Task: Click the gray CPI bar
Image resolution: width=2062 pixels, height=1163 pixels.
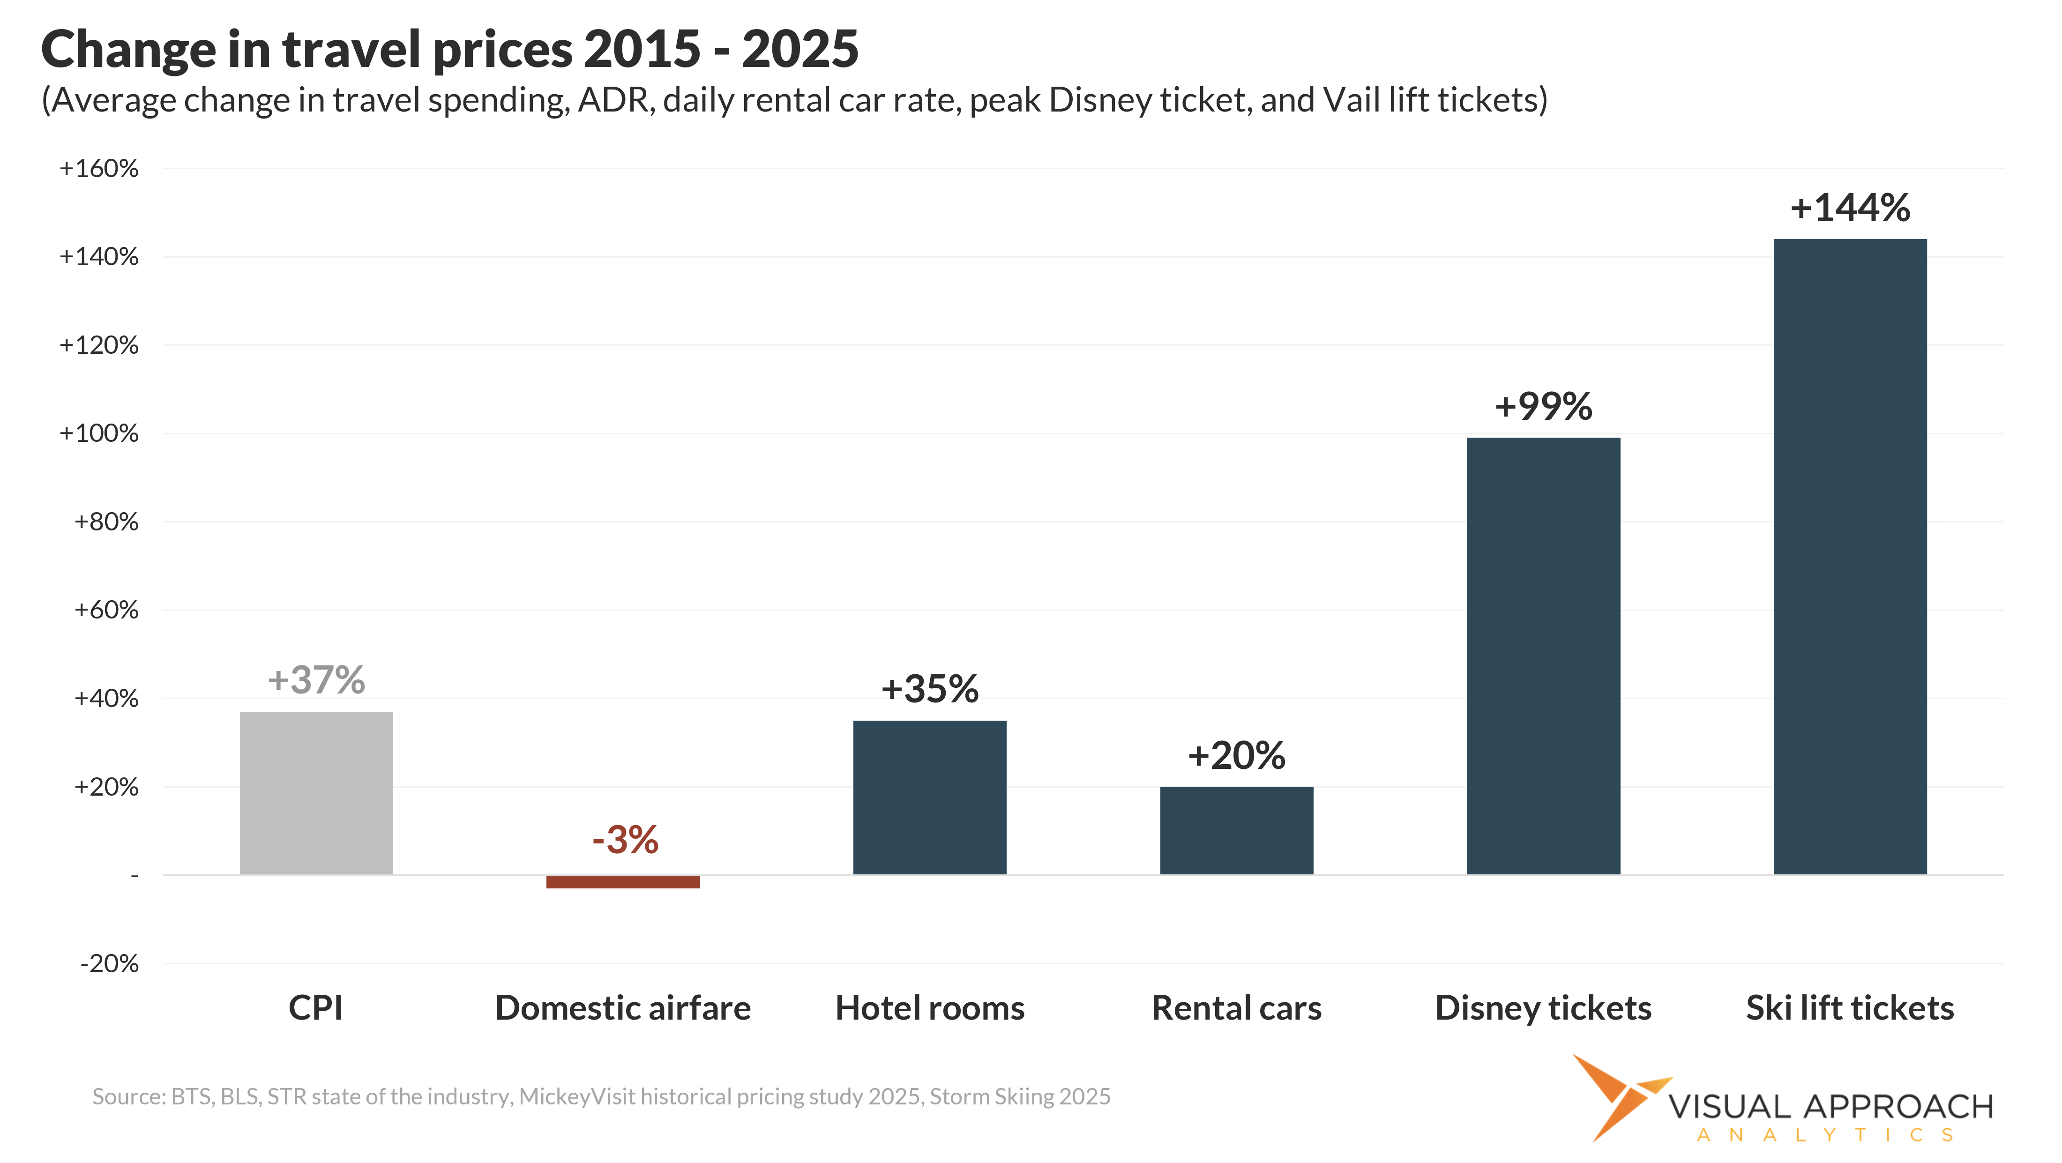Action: [316, 792]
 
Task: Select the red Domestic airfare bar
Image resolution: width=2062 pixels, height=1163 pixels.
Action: [623, 881]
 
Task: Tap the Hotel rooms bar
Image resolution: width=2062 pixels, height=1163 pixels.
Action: [929, 797]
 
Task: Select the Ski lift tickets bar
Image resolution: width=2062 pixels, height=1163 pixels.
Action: [1849, 556]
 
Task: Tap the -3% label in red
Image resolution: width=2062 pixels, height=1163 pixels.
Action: [624, 840]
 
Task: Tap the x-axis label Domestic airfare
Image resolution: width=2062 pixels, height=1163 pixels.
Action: [623, 1008]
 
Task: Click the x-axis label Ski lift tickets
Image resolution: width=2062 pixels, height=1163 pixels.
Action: [1849, 1008]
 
